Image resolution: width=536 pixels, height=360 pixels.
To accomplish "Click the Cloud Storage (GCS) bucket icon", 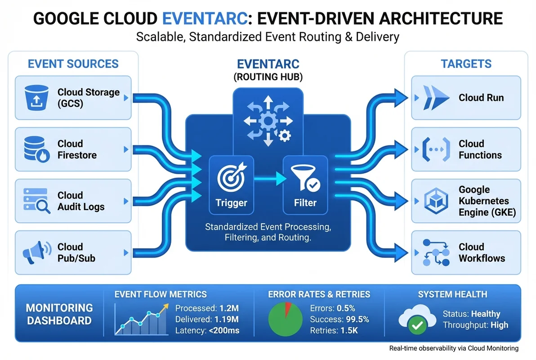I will pyautogui.click(x=34, y=98).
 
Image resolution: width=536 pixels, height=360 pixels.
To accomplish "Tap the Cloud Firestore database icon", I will pyautogui.click(x=34, y=149).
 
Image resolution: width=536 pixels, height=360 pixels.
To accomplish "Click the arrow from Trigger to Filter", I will pyautogui.click(x=268, y=179).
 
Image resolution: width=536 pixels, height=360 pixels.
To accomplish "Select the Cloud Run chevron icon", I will pyautogui.click(x=432, y=98).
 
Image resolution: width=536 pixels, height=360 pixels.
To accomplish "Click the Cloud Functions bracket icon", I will pyautogui.click(x=432, y=149).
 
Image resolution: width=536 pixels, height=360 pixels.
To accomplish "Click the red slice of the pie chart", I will pyautogui.click(x=288, y=309).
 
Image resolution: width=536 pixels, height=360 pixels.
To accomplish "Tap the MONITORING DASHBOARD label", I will pyautogui.click(x=59, y=314).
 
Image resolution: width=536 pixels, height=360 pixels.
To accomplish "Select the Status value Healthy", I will pyautogui.click(x=486, y=314).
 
